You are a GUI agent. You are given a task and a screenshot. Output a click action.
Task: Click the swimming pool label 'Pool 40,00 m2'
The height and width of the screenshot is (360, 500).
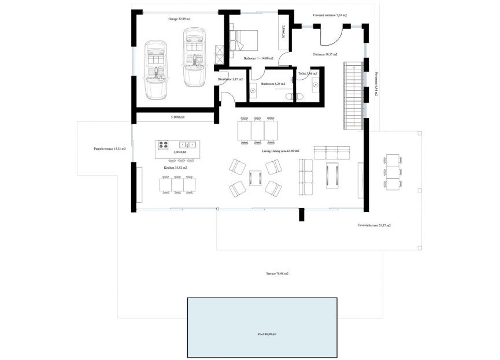267,335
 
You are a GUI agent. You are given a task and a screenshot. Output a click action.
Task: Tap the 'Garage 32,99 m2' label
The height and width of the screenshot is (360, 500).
180,19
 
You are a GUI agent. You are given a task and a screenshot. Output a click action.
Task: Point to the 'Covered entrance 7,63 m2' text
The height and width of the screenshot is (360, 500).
330,16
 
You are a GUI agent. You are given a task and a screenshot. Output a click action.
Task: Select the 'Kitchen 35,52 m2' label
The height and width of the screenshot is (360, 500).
175,168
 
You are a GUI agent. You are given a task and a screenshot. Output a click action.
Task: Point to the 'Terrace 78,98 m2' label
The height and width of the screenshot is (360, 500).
277,273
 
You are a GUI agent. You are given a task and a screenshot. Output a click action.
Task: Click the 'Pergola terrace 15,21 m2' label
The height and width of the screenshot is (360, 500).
106,149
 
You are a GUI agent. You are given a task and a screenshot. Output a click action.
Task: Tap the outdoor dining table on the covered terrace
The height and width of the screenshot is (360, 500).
393,172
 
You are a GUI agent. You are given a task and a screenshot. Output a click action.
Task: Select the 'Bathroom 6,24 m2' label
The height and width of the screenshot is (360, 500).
273,84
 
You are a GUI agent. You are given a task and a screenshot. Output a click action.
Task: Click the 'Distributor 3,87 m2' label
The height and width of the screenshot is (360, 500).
230,79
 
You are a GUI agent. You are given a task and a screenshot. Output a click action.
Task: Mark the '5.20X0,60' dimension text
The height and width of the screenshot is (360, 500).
182,117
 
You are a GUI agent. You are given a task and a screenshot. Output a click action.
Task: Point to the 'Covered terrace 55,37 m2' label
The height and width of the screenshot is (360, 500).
374,225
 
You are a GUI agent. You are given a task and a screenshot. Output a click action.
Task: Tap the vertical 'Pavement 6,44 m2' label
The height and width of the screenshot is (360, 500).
376,83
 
